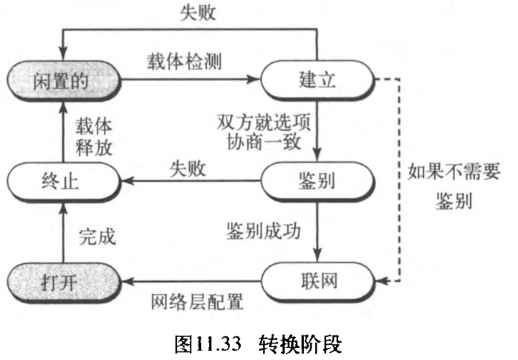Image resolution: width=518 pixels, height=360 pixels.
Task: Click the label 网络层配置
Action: (x=198, y=300)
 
